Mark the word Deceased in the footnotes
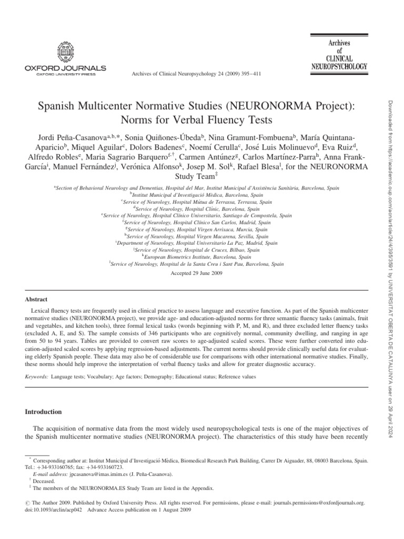click(x=44, y=481)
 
